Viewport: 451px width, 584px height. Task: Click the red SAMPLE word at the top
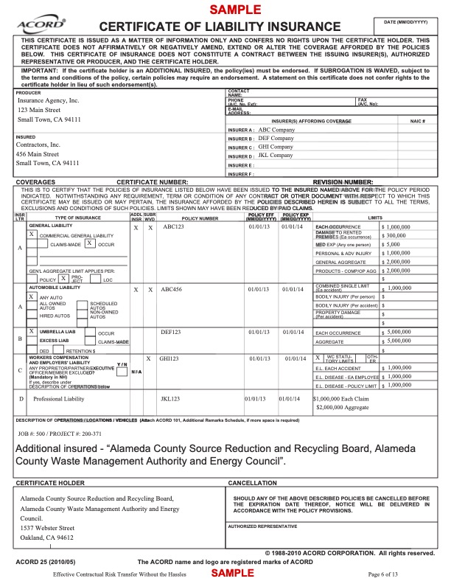(x=236, y=10)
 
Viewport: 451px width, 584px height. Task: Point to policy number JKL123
(x=171, y=398)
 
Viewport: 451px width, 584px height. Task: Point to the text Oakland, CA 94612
(x=50, y=538)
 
